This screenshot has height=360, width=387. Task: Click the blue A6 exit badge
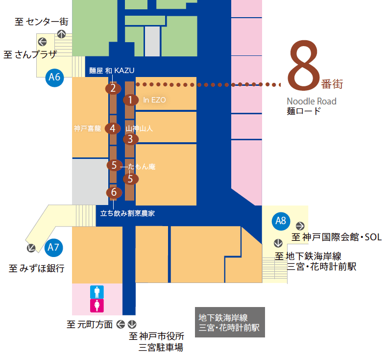[x=54, y=77]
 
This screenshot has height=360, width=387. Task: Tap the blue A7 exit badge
[x=54, y=248]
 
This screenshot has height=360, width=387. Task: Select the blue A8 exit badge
[x=281, y=221]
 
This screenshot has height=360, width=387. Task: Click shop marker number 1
[x=131, y=100]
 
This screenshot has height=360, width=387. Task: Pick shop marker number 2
[x=113, y=88]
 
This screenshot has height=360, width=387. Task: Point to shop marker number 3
[x=131, y=139]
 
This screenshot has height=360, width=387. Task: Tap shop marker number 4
[x=113, y=129]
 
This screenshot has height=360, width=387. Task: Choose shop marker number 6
[x=114, y=192]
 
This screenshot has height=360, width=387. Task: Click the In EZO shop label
[x=154, y=100]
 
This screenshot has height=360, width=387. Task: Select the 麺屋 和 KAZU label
[x=112, y=71]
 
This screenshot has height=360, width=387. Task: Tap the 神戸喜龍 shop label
[x=87, y=129]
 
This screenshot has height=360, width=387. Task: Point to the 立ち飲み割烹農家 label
[x=127, y=213]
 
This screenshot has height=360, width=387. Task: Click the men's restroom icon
[x=97, y=292]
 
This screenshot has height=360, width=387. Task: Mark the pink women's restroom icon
[x=97, y=306]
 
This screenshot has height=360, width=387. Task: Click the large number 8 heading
[x=304, y=66]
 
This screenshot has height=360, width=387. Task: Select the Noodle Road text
[x=312, y=102]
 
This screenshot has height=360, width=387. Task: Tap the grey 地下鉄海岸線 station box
[x=230, y=322]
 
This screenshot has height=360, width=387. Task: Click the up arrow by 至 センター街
[x=61, y=34]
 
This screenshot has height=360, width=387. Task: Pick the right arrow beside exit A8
[x=300, y=226]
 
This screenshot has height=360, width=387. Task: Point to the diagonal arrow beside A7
[x=31, y=248]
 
